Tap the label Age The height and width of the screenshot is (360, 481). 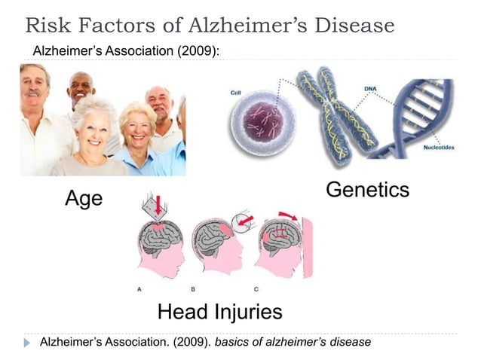pyautogui.click(x=84, y=198)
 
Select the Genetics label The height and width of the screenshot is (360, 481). pyautogui.click(x=367, y=189)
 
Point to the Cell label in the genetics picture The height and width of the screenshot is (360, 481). pyautogui.click(x=235, y=93)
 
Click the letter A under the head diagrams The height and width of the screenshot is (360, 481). pyautogui.click(x=139, y=288)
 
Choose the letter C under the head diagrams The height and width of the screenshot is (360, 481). pyautogui.click(x=256, y=288)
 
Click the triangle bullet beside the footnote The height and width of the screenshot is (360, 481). pyautogui.click(x=28, y=343)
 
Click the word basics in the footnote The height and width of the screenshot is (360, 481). pyautogui.click(x=234, y=343)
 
